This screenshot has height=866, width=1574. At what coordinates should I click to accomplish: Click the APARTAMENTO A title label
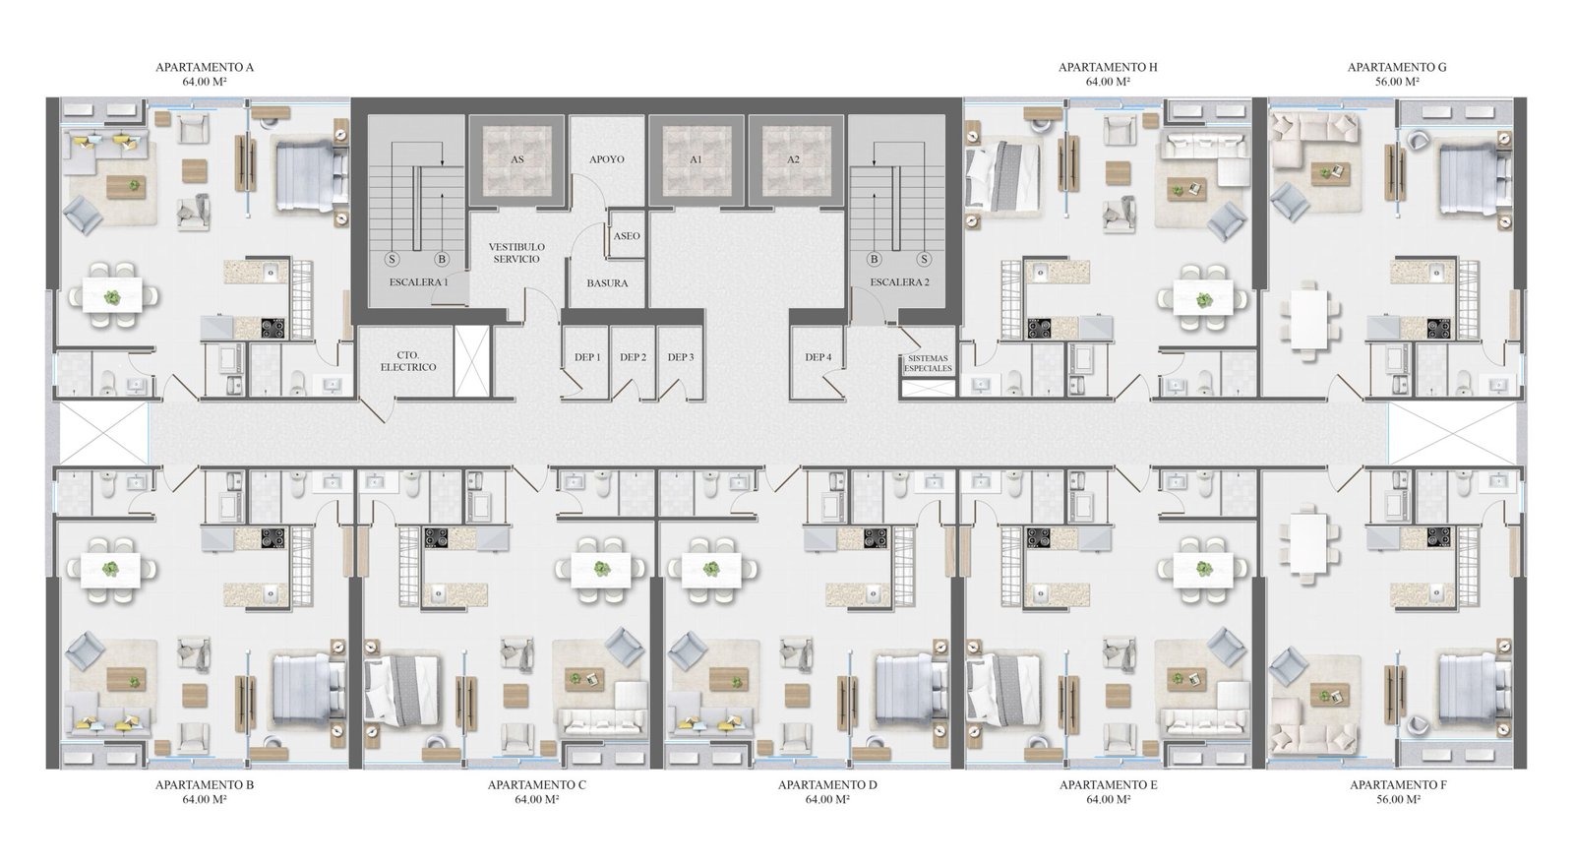(205, 68)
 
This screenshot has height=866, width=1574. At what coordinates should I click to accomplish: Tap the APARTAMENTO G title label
(1397, 68)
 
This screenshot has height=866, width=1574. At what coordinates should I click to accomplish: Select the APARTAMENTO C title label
(537, 784)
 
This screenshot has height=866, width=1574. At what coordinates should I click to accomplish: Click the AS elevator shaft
(517, 159)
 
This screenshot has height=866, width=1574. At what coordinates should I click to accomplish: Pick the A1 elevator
(696, 159)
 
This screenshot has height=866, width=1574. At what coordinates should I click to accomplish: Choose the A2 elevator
(793, 159)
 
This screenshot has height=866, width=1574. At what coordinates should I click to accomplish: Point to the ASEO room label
(627, 236)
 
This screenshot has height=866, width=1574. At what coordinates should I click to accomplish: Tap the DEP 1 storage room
(587, 363)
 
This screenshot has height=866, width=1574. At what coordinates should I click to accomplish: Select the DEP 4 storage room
(818, 363)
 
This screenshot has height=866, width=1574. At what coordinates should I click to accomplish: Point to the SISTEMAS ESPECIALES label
(929, 363)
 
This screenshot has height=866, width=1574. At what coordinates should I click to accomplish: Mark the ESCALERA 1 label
(419, 282)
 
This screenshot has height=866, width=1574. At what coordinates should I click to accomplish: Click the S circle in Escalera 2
(924, 260)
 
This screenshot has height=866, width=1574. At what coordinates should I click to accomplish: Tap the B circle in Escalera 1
(442, 260)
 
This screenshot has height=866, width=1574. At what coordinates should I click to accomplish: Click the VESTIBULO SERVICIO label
(516, 253)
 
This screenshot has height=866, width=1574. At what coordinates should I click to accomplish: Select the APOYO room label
(607, 159)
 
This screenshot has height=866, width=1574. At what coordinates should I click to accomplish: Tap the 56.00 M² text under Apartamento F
(1398, 799)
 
